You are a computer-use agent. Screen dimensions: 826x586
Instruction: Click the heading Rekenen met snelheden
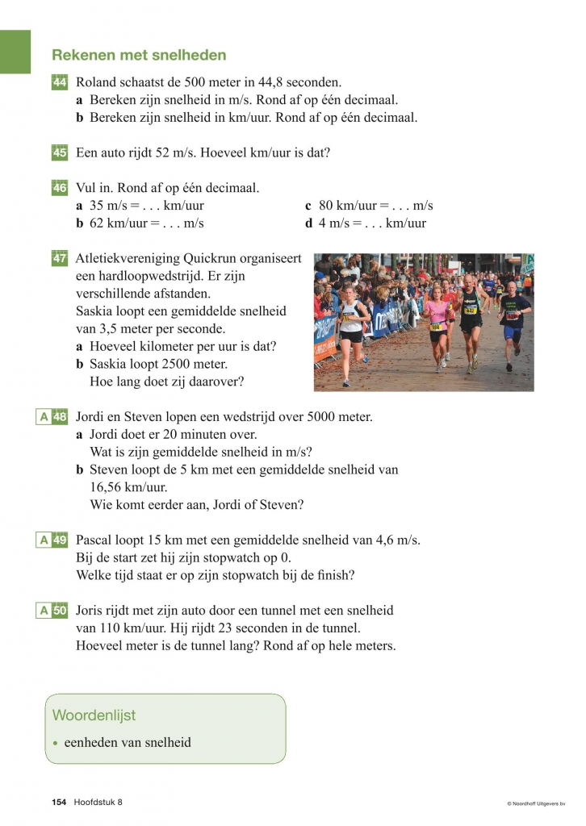[139, 56]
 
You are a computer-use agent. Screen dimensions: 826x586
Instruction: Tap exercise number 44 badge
[60, 82]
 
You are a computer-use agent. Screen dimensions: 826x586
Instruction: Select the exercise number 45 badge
[60, 152]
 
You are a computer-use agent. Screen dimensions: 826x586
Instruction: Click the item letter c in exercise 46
[308, 206]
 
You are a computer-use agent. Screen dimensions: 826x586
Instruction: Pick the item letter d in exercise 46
[308, 223]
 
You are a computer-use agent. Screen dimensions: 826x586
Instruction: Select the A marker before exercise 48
[44, 417]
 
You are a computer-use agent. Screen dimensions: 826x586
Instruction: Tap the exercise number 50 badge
[60, 611]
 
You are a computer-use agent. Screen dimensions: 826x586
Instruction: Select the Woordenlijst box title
[94, 715]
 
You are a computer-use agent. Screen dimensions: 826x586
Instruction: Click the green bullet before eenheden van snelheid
[55, 743]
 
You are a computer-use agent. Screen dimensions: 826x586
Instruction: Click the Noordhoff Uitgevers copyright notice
[536, 803]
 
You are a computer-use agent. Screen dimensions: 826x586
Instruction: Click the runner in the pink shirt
[437, 323]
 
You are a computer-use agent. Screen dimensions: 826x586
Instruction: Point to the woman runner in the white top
[351, 327]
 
